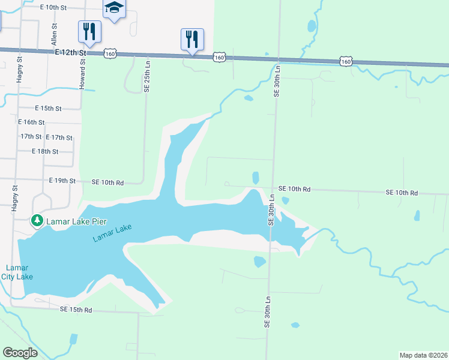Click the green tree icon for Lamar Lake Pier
37,221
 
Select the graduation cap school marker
114,8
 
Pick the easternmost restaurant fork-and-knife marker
192,39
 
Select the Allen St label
54,35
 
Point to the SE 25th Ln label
146,77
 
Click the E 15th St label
49,109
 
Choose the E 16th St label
32,122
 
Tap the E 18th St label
45,152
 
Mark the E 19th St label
62,181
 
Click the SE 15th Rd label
76,310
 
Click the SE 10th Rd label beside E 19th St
107,182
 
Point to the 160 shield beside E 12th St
110,54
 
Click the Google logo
20,353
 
